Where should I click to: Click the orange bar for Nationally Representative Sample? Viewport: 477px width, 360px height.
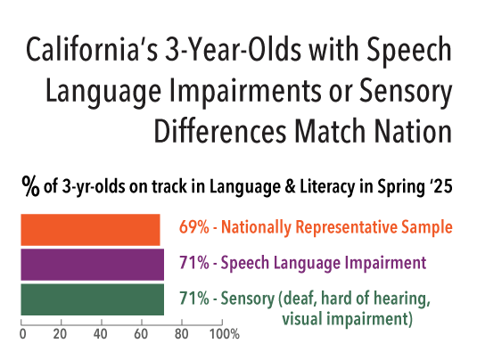(x=90, y=229)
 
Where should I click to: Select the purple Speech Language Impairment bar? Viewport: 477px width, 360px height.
(x=92, y=264)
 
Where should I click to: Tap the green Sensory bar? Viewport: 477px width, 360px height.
(x=92, y=299)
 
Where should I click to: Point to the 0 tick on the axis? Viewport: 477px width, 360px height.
(x=21, y=335)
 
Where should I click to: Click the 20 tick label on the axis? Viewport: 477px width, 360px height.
(x=61, y=335)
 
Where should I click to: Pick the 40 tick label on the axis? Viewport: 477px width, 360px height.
(x=101, y=335)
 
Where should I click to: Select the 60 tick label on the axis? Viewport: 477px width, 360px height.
(x=141, y=335)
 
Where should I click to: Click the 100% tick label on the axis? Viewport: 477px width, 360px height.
(x=224, y=335)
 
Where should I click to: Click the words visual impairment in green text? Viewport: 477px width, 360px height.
(x=346, y=317)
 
